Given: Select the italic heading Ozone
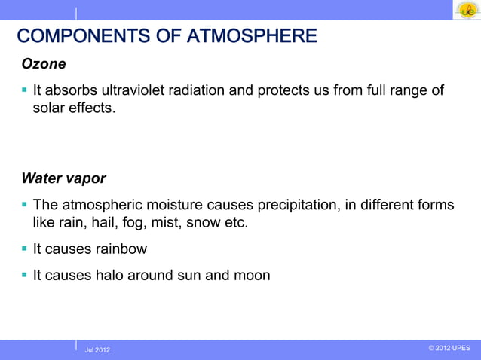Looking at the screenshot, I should click(43, 65).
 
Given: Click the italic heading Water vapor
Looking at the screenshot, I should click(63, 179).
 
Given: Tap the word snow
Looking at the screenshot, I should click(204, 224).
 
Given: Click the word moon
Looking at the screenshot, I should click(252, 276).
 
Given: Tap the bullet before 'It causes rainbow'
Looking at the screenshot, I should click(25, 249).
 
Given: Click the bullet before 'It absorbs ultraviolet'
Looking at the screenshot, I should click(25, 91).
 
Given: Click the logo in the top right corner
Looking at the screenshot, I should click(466, 10).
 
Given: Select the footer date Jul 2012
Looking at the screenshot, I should click(97, 350).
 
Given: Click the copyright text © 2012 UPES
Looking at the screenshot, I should click(449, 348).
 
